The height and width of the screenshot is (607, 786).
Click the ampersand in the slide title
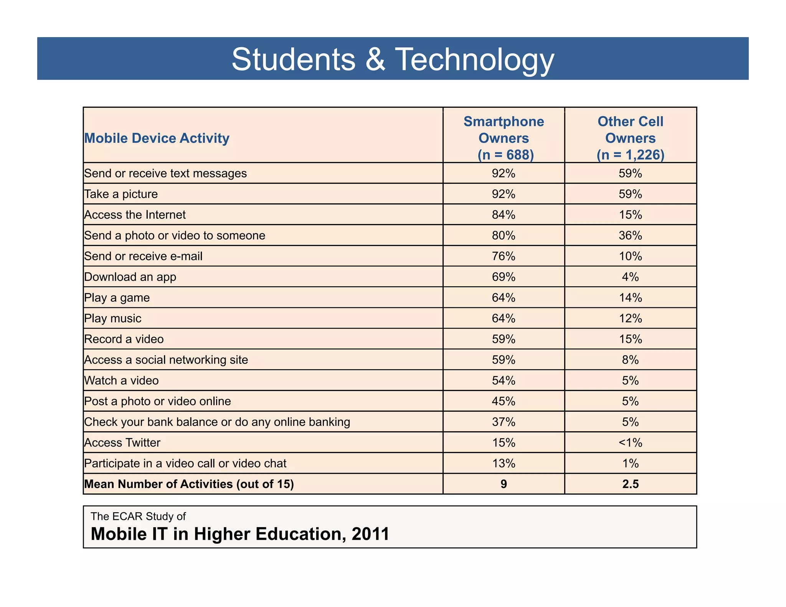click(375, 60)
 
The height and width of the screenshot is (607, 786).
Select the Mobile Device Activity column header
click(157, 138)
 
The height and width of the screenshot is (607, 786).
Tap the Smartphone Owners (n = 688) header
click(504, 138)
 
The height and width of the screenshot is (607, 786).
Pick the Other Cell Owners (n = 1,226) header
click(630, 138)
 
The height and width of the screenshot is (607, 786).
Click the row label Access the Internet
click(135, 214)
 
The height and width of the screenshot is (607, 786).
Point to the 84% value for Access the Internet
click(504, 214)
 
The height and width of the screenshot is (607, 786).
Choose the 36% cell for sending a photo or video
click(630, 235)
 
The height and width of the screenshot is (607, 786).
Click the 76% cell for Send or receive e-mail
click(504, 256)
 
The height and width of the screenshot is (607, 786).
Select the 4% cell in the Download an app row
click(630, 277)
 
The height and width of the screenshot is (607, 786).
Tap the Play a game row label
click(117, 297)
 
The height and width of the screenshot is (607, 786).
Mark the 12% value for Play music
click(630, 318)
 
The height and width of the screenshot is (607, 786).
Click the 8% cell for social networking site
click(630, 360)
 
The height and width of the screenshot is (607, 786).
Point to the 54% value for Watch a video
click(504, 380)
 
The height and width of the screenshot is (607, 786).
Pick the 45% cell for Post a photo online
click(504, 401)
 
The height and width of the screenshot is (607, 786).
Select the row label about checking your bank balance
click(217, 422)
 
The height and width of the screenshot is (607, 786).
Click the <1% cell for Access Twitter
click(630, 442)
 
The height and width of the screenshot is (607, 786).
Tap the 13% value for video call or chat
click(504, 463)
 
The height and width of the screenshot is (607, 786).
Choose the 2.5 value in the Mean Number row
click(630, 484)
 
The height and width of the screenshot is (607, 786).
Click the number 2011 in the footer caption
click(370, 534)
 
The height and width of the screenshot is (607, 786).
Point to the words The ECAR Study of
click(138, 516)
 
